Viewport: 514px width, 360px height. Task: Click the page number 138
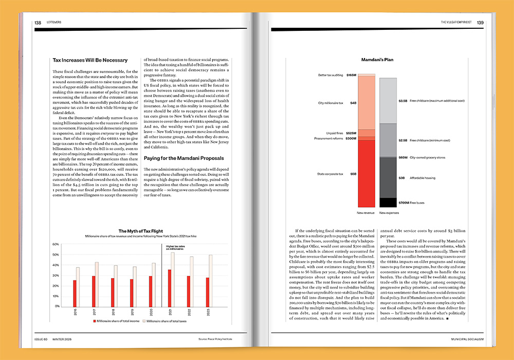pos(38,23)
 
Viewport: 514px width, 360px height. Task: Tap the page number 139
pos(480,23)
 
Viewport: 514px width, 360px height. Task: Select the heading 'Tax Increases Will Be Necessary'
pos(90,60)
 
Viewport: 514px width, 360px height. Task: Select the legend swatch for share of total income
pos(96,320)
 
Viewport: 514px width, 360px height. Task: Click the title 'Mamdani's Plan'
pos(377,60)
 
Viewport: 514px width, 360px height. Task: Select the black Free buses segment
pos(388,203)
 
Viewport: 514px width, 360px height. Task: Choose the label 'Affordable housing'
pos(423,177)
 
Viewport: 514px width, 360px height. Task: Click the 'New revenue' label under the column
pos(366,212)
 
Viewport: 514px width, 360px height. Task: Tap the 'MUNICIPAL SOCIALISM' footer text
pos(468,339)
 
